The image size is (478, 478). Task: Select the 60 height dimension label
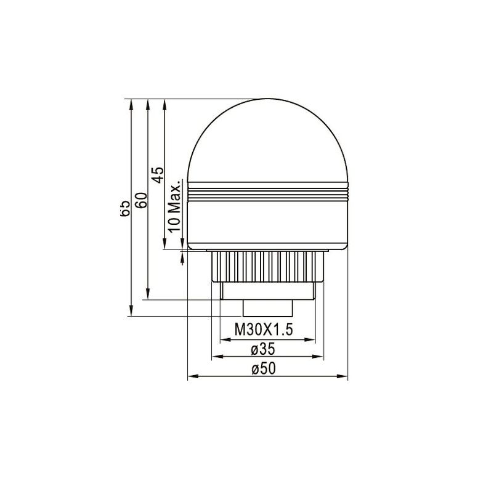click(x=140, y=201)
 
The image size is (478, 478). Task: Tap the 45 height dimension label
click(x=158, y=175)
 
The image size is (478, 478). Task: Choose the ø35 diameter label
click(x=263, y=349)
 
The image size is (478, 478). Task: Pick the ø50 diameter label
click(x=263, y=369)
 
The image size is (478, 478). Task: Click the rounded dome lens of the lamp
click(x=267, y=142)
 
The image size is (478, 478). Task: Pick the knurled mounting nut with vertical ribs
click(x=267, y=265)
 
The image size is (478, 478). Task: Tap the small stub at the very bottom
click(x=267, y=307)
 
